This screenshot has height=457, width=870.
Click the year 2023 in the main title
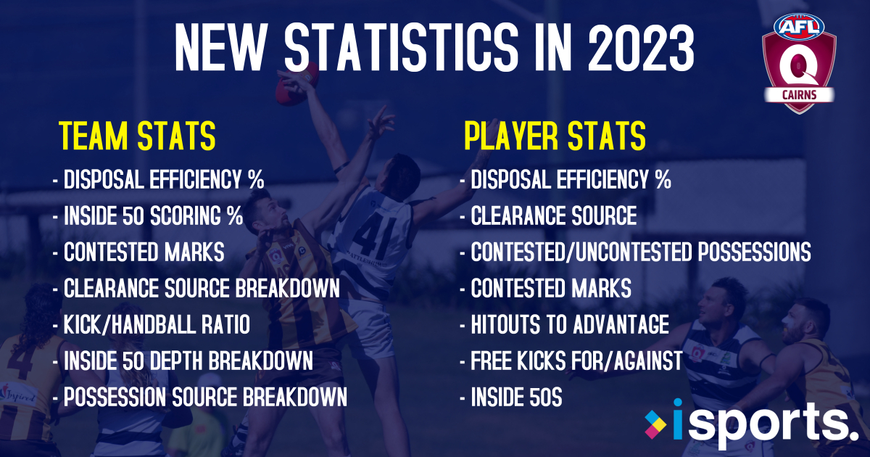coord(642,48)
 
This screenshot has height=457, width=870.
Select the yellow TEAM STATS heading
coord(137,136)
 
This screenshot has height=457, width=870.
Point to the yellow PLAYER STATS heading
coord(555,136)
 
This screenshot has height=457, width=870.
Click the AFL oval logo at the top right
coord(799,26)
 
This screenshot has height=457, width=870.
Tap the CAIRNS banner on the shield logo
coord(799,95)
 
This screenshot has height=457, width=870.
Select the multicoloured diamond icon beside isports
coord(655,424)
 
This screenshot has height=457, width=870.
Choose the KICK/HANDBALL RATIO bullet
coord(152,325)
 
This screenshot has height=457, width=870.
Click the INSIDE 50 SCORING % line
coord(148,215)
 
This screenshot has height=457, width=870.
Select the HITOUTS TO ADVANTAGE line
coord(564,325)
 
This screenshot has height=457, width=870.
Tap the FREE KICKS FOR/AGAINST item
coord(571,361)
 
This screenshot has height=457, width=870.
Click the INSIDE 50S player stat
coord(511,398)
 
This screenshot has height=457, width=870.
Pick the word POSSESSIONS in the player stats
coord(754,252)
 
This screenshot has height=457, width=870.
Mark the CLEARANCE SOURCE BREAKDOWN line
coord(196,289)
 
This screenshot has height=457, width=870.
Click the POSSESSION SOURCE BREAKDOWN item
coord(200,398)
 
